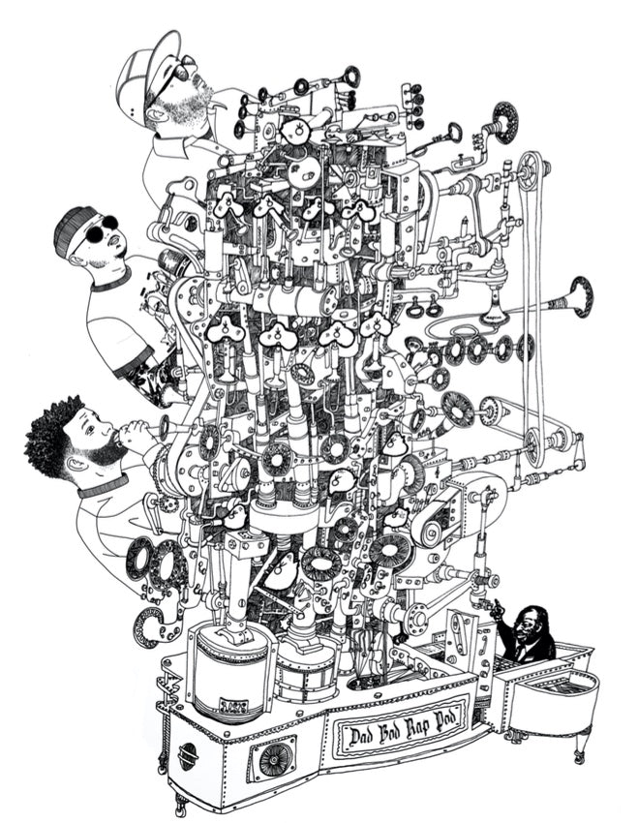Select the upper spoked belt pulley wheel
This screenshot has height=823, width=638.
click(x=530, y=167)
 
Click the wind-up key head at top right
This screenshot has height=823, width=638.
click(x=454, y=131)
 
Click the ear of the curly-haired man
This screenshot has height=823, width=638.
click(x=76, y=465)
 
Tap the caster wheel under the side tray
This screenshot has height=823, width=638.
click(x=578, y=757)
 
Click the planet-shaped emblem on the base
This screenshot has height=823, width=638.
click(x=188, y=756)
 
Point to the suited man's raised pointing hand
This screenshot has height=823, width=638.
click(x=496, y=609)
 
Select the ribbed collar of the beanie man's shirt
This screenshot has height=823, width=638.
click(x=112, y=280)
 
